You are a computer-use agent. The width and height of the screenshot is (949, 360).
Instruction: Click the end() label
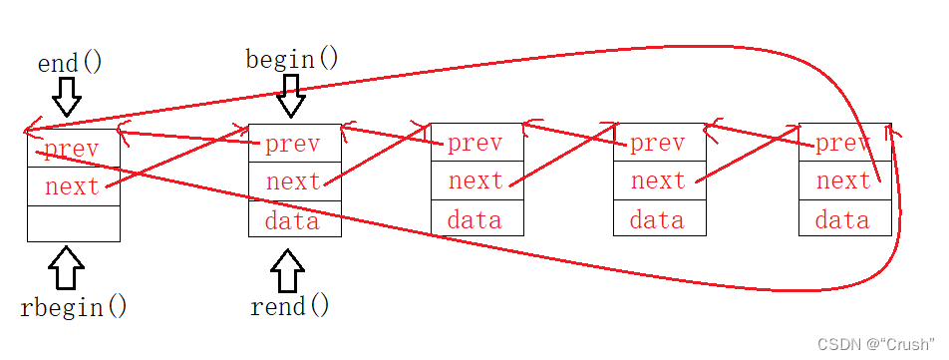coord(70,64)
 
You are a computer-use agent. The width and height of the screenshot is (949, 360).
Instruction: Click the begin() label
coord(291,59)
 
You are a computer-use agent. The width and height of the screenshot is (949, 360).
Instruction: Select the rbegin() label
coord(74,306)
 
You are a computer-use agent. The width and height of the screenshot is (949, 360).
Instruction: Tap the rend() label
coord(289,306)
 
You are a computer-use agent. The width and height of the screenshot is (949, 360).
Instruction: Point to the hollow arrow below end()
coord(67,97)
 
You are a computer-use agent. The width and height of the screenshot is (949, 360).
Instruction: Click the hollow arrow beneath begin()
coord(290,98)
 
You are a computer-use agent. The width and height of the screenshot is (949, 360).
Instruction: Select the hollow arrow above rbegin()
coord(67,267)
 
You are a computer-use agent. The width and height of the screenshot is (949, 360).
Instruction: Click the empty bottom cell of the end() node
coord(73,222)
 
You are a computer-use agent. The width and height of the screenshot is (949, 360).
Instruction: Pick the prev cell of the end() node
coord(73,150)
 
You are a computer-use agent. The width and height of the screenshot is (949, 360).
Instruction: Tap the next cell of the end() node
coord(73,185)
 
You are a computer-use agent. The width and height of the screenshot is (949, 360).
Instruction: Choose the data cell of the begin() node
coord(293,220)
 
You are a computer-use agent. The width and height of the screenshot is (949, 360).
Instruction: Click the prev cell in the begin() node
coord(293,144)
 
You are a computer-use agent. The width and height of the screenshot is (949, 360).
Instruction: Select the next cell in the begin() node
coord(293,181)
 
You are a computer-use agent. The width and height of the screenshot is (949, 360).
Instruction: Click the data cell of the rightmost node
coord(843,220)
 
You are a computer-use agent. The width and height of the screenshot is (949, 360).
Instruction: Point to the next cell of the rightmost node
coord(843,181)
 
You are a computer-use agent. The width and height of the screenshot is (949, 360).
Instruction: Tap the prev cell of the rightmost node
coord(843,144)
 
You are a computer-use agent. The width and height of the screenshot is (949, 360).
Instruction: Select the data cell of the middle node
coord(476,220)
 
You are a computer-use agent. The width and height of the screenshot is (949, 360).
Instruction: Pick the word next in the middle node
coord(475,181)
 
